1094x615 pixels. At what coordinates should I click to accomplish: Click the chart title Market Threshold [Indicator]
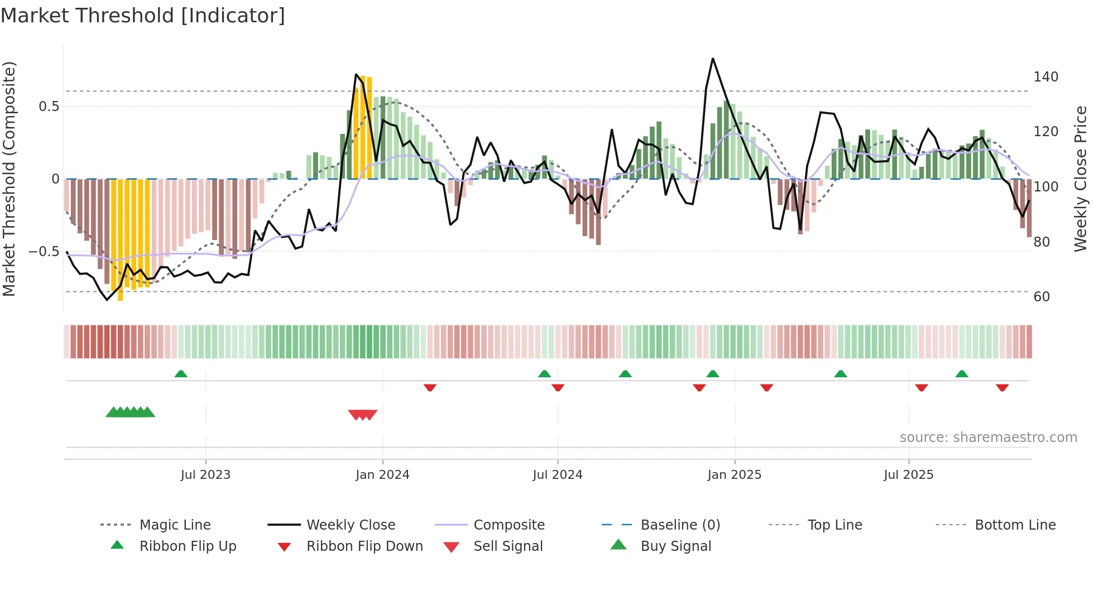tap(143, 16)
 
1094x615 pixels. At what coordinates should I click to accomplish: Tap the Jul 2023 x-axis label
tap(205, 475)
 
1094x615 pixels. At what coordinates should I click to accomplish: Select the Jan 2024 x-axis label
tap(382, 475)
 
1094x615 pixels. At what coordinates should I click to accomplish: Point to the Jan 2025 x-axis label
tap(734, 475)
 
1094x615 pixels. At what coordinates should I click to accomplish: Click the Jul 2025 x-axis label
tap(908, 475)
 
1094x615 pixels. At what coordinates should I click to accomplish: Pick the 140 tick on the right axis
tap(1045, 77)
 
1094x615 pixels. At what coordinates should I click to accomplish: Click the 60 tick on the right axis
tap(1042, 297)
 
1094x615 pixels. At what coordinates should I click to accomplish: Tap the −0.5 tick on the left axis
tap(44, 252)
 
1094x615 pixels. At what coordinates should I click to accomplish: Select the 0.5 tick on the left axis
tap(49, 107)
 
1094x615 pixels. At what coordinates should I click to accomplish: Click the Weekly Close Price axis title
tap(1081, 179)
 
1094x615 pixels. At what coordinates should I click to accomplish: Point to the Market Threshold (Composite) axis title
tap(9, 179)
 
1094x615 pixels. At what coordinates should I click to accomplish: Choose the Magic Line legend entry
tap(175, 525)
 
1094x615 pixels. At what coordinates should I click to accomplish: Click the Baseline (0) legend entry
tap(680, 525)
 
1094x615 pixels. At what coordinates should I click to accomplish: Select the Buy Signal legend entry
tap(675, 546)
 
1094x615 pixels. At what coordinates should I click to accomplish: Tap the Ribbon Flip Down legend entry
tap(364, 546)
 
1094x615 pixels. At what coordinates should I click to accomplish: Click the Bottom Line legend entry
tap(1015, 525)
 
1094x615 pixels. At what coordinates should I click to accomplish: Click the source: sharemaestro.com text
tap(988, 438)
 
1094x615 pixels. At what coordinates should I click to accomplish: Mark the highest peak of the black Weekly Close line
tap(713, 59)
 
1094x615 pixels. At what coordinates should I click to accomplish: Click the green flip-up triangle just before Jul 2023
tap(181, 374)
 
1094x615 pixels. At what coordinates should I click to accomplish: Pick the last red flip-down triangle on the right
tap(1002, 387)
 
